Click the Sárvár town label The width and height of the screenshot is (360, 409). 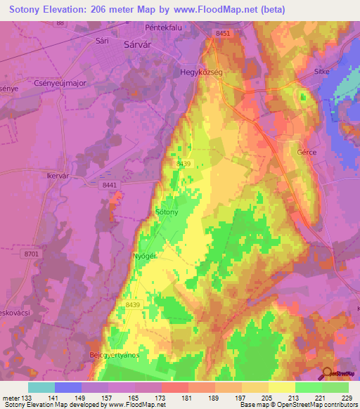(x=138, y=44)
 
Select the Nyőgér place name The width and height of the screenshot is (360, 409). (x=144, y=256)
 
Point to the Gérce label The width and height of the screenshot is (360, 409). (x=307, y=152)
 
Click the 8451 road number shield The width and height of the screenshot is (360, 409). (x=224, y=34)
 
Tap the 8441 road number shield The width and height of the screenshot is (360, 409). (x=108, y=184)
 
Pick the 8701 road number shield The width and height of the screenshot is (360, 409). (x=32, y=253)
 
